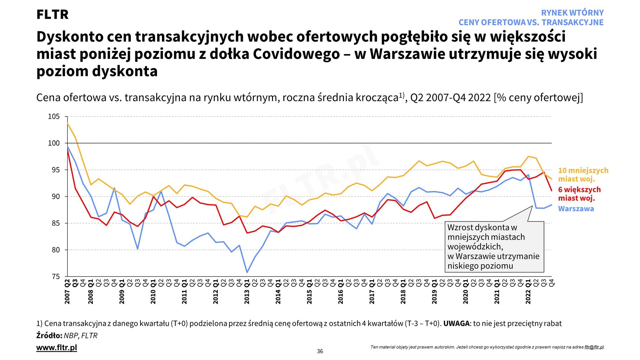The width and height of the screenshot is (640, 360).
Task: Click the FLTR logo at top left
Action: pyautogui.click(x=52, y=15)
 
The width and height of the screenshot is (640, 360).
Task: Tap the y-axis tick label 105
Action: pyautogui.click(x=54, y=116)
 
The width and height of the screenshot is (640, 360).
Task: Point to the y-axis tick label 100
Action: pyautogui.click(x=54, y=143)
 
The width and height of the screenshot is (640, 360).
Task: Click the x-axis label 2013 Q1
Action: pyautogui.click(x=247, y=292)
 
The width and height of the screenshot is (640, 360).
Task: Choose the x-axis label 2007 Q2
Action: pyautogui.click(x=67, y=292)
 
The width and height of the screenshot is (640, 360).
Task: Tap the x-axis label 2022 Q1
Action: pyautogui.click(x=528, y=292)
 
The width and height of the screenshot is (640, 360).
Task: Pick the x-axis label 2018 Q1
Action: pyautogui.click(x=403, y=292)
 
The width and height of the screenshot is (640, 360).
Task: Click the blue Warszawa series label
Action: pyautogui.click(x=576, y=209)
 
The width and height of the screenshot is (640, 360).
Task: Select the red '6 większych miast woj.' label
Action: pyautogui.click(x=579, y=194)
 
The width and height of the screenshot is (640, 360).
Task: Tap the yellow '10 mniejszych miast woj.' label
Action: pyautogui.click(x=583, y=175)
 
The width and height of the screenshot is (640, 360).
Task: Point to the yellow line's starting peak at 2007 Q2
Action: pyautogui.click(x=68, y=123)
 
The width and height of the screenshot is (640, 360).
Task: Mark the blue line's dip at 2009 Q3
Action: pyautogui.click(x=138, y=249)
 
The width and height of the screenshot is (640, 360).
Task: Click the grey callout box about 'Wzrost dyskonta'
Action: pyautogui.click(x=494, y=247)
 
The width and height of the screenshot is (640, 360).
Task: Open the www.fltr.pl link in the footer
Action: pyautogui.click(x=57, y=348)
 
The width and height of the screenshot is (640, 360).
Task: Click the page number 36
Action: pyautogui.click(x=320, y=351)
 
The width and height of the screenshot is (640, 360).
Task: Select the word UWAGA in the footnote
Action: pyautogui.click(x=456, y=324)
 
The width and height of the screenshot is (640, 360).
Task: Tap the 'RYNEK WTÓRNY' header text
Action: pyautogui.click(x=572, y=13)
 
